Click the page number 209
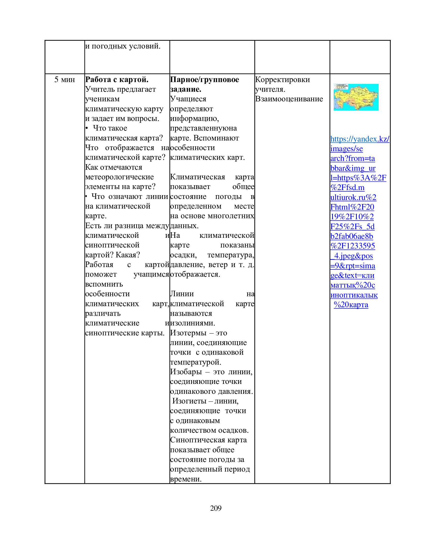pos(216,508)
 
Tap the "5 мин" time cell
pos(65,80)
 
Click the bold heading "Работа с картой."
pos(117,80)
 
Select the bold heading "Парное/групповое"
pos(205,80)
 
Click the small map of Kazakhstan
pos(356,97)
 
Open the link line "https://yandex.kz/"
pos(360,139)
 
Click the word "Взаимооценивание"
pos(289,99)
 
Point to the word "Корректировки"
pos(282,80)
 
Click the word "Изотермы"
pos(188,333)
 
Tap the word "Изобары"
pos(186,372)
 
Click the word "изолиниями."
pos(192,323)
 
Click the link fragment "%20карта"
pos(351,305)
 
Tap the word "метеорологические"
pos(119,177)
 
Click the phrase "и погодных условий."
pos(123,46)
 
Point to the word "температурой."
pos(195,362)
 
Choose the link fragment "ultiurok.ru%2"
pos(353,197)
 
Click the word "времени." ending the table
pos(186,479)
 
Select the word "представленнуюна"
pos(204,128)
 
